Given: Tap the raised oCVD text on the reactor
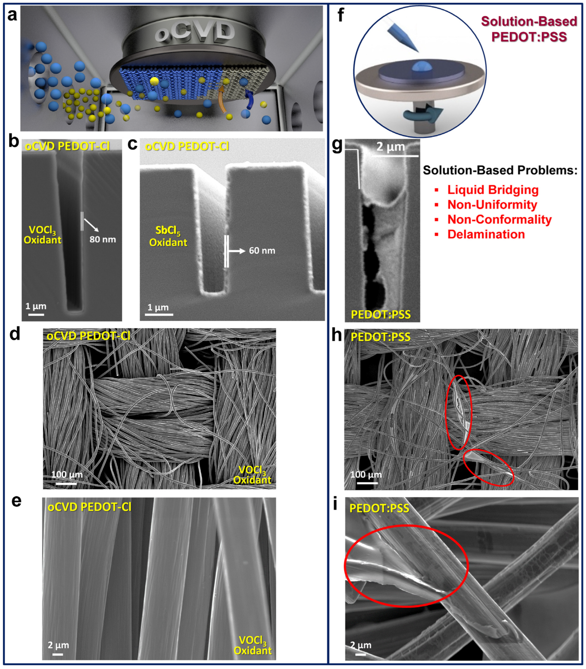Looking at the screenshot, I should click(x=195, y=31).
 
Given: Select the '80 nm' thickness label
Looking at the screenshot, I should click(x=103, y=239).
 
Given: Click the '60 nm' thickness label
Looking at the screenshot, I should click(x=262, y=251).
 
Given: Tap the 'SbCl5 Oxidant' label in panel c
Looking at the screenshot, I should click(x=168, y=236).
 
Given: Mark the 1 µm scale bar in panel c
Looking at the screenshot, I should click(x=159, y=314).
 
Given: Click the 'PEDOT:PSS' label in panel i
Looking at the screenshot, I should click(x=379, y=508).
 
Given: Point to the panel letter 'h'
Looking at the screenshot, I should click(x=336, y=335).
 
